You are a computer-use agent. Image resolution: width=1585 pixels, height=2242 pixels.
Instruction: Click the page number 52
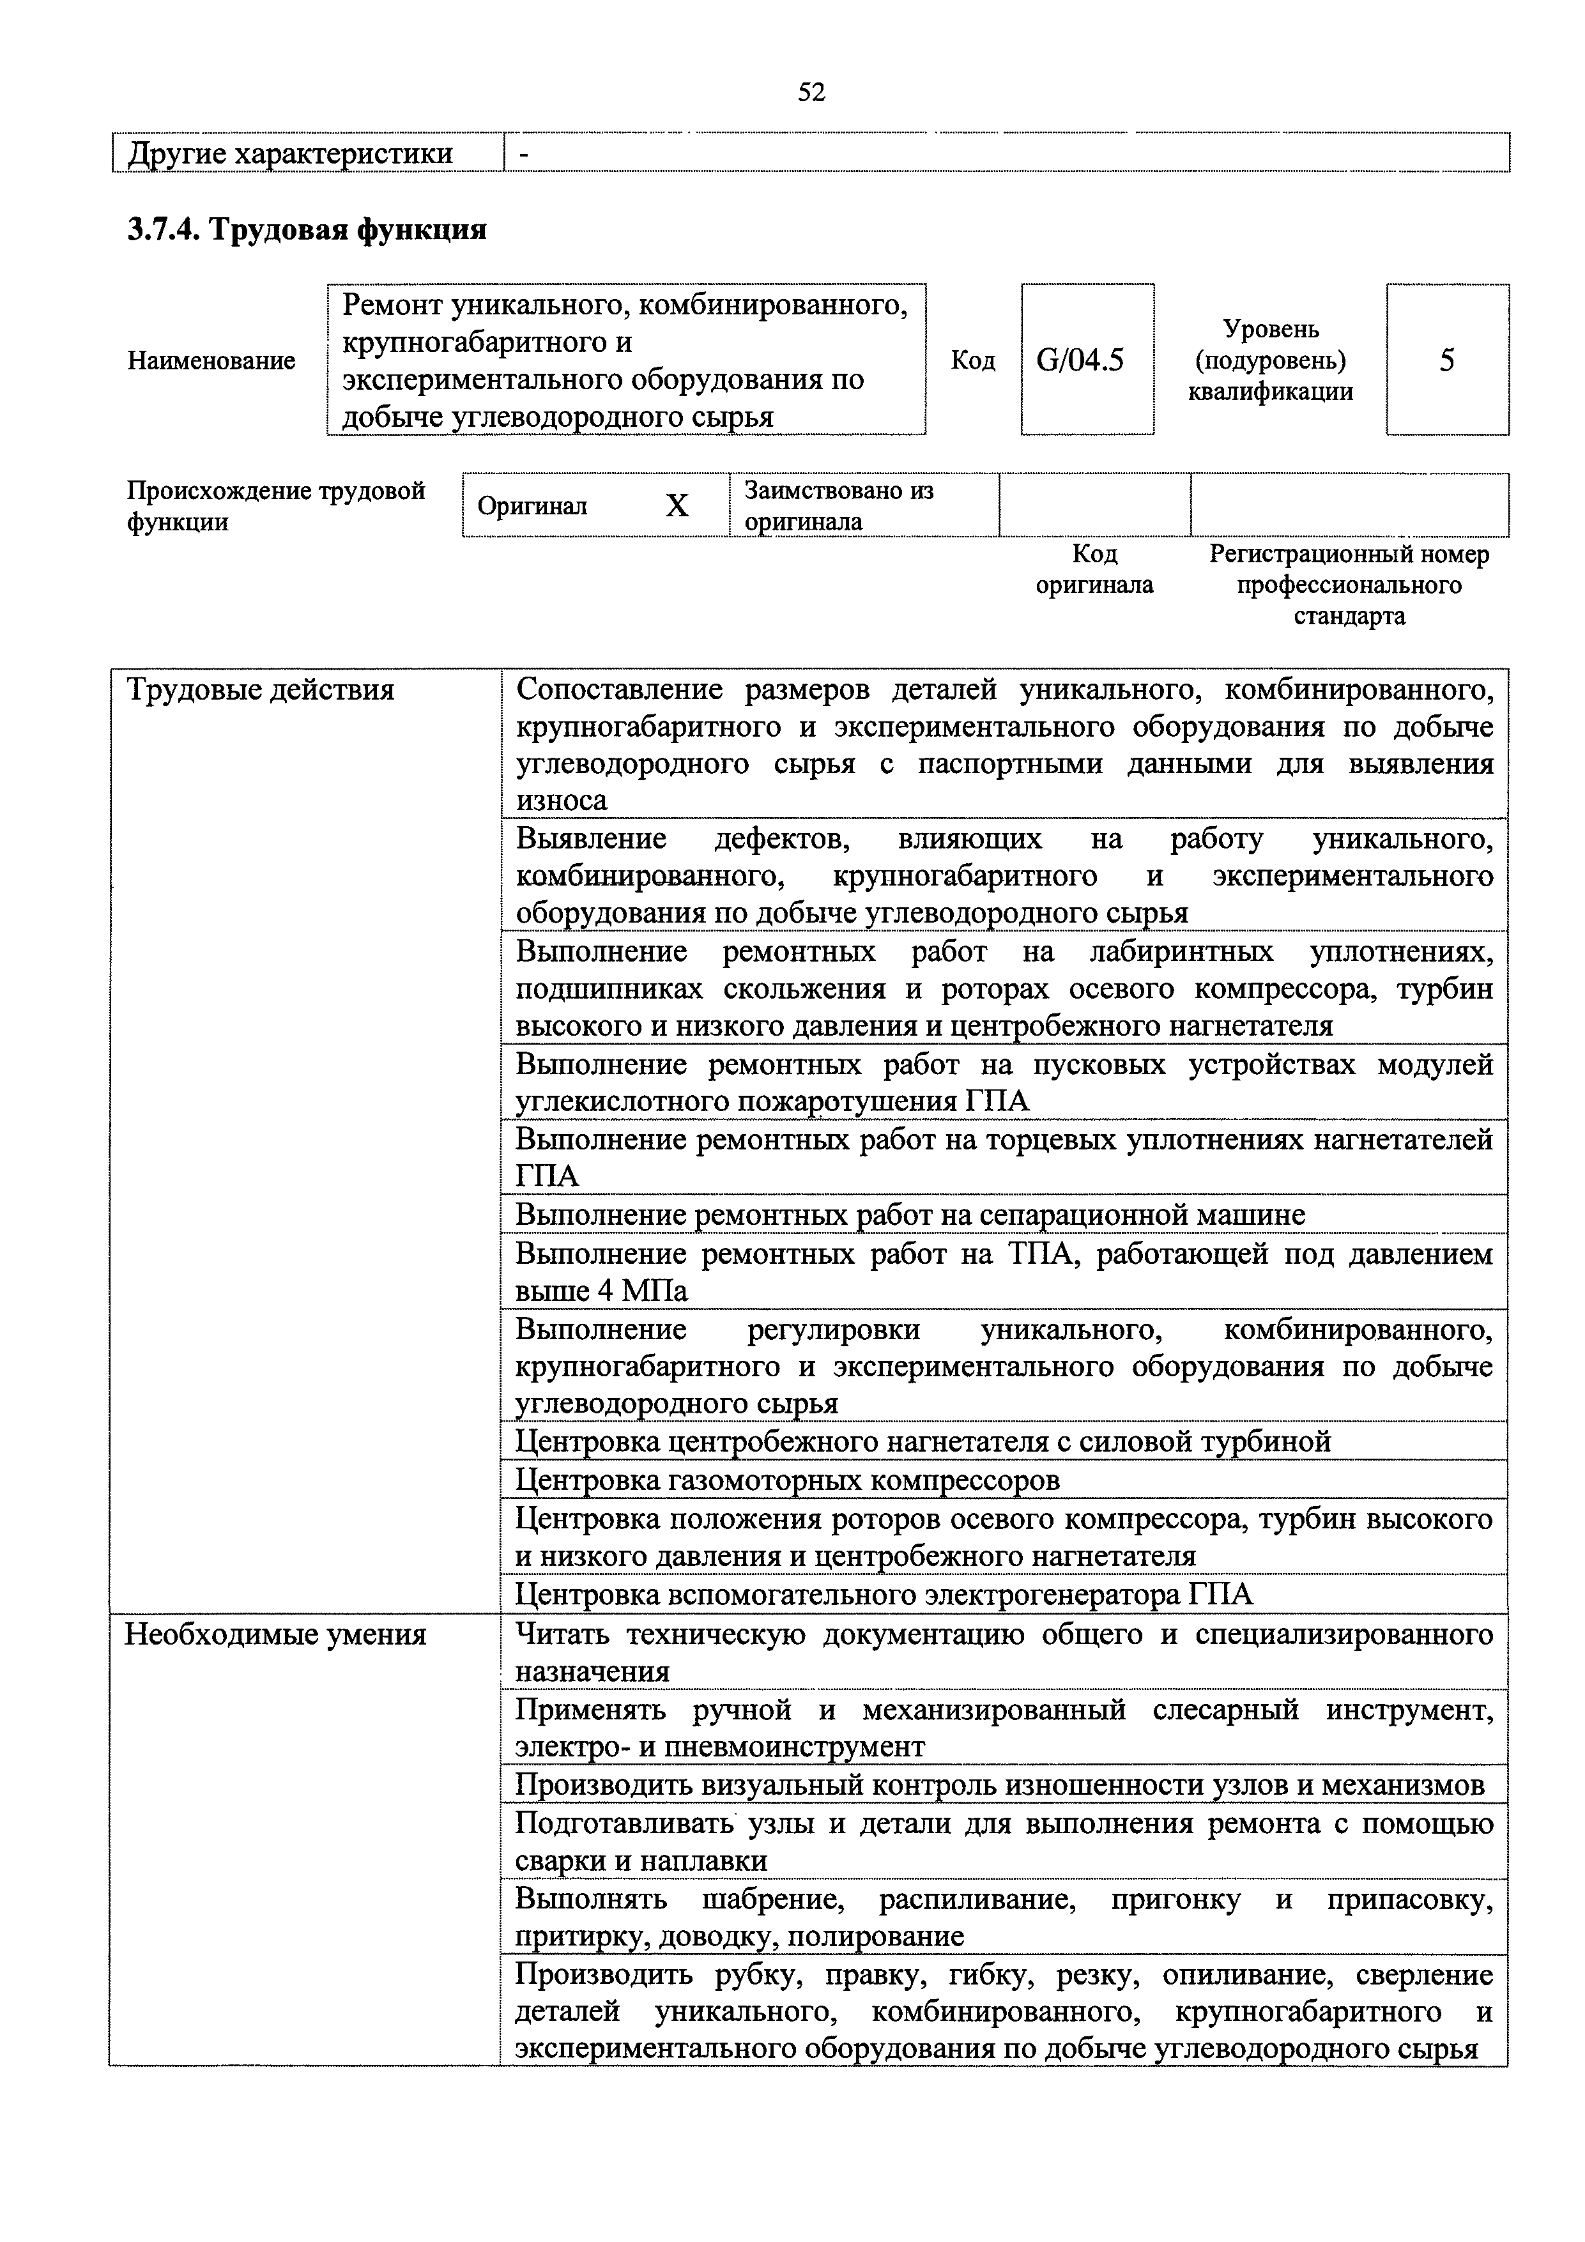[811, 92]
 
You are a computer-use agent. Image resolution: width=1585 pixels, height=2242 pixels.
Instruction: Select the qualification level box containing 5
[1446, 360]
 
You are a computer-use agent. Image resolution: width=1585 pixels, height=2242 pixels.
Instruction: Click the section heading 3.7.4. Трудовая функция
[307, 229]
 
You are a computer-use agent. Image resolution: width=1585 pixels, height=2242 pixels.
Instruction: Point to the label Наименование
[211, 360]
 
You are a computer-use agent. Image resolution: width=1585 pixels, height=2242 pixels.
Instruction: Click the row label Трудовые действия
[261, 691]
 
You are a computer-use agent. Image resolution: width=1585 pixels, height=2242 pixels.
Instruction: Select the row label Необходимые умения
[275, 1634]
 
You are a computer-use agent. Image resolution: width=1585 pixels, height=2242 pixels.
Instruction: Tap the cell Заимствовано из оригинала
[839, 505]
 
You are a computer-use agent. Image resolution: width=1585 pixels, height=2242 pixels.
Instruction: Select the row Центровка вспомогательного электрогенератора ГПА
[883, 1595]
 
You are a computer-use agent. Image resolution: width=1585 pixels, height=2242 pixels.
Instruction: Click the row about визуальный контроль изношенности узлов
[999, 1785]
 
